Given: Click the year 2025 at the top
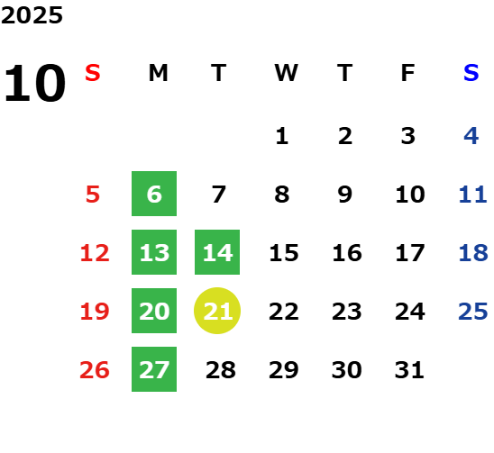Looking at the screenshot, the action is (32, 15).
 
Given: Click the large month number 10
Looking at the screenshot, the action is (34, 83).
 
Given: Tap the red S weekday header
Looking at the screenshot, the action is (93, 73).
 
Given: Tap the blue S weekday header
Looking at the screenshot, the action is (471, 73).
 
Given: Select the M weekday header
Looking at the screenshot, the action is (158, 73).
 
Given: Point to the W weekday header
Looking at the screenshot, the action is (286, 73).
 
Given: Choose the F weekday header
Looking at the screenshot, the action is (408, 73).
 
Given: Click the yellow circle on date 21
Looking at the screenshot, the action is (217, 311).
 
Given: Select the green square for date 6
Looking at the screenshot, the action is (154, 194).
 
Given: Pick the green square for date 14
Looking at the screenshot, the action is (217, 252).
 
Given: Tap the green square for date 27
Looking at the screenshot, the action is (154, 369).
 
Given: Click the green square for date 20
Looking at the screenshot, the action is (154, 311).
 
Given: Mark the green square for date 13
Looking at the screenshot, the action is (154, 252).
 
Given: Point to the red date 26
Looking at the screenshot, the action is (95, 370).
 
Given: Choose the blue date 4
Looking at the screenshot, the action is (471, 136).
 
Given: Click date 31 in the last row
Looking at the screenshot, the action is (409, 370).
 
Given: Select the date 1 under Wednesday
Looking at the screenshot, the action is (282, 136).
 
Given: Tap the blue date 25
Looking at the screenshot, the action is (473, 312).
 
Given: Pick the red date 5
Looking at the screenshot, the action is (93, 195).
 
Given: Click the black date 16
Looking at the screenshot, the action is (347, 253).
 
